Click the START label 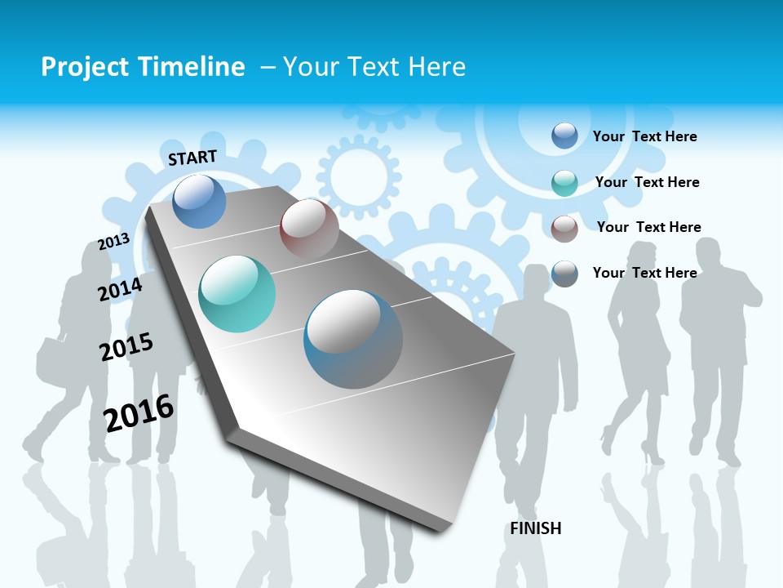192,158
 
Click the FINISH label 536,528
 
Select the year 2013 113,242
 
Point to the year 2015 126,347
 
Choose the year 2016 139,412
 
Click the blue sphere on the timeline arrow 199,201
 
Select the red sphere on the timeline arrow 309,229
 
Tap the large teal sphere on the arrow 237,294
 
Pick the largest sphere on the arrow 353,339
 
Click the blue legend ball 564,136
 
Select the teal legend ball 564,182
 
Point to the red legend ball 564,228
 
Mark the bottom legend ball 564,274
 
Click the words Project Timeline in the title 143,67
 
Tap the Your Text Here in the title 374,67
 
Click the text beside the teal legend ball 647,182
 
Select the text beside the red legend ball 648,227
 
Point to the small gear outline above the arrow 359,173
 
